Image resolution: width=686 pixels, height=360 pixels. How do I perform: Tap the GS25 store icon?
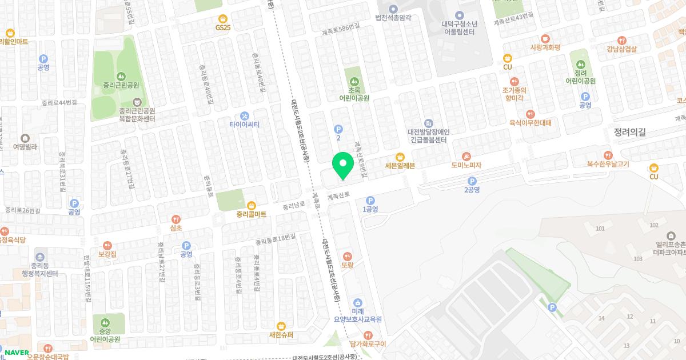coord(223,18)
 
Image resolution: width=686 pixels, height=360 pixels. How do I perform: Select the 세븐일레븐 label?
coord(400,166)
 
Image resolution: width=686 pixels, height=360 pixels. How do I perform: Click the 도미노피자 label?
coord(466,166)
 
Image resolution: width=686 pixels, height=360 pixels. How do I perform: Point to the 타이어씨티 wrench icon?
coord(245,115)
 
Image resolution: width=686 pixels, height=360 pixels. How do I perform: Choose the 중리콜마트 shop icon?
coord(251,205)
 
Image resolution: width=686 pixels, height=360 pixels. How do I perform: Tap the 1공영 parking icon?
coord(370,201)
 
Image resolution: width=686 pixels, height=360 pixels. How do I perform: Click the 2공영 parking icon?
coord(472,181)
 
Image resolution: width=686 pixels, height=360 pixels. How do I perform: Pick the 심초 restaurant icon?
coord(176,218)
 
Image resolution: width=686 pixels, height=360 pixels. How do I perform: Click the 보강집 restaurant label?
coord(107,254)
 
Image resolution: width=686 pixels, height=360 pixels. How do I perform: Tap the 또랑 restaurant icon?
coord(348,256)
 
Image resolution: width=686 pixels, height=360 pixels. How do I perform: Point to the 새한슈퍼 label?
coord(281,335)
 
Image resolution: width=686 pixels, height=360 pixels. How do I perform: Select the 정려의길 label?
coord(629,132)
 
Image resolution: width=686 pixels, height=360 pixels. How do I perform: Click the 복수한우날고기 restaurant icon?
coord(608,155)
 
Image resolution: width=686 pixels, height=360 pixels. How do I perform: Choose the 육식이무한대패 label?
coord(530,122)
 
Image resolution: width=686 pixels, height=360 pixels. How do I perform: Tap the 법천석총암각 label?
coord(393,18)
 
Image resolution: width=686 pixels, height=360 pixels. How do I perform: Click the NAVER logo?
coord(17,352)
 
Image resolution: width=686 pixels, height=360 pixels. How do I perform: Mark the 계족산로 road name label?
coord(338,195)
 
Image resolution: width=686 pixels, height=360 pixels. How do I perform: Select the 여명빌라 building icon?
coord(25,138)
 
